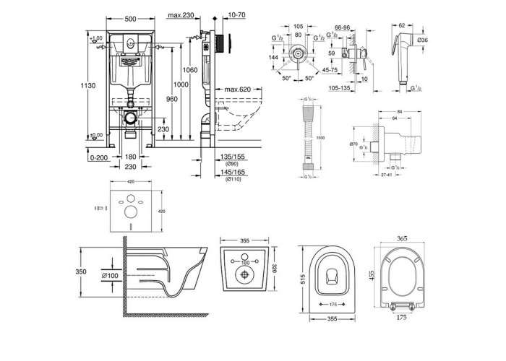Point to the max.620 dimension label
pyautogui.click(x=237, y=90)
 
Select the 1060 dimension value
pyautogui.click(x=190, y=70)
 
